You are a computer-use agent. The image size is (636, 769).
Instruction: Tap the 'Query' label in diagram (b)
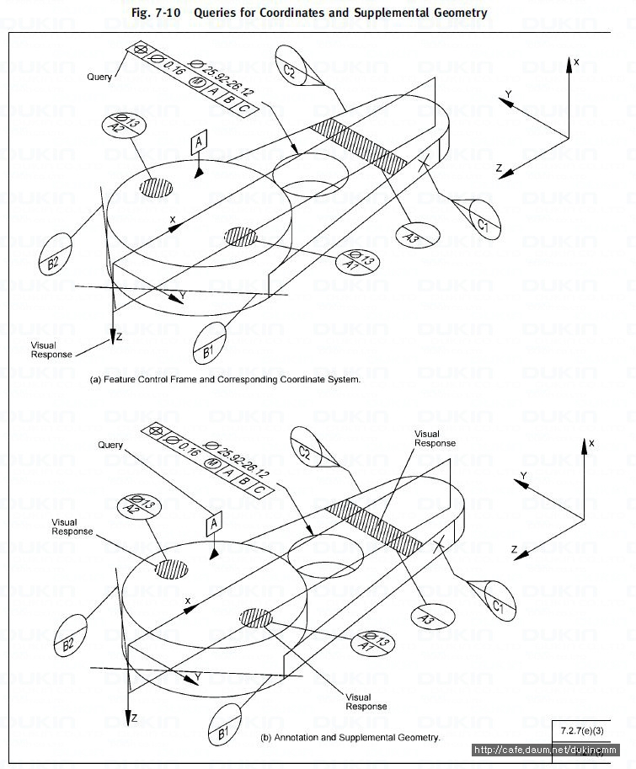(110, 445)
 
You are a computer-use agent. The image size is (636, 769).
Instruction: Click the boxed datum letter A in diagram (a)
(199, 142)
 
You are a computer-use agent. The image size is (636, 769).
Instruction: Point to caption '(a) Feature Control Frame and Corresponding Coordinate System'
(225, 379)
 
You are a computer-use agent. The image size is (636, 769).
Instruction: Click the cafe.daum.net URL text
(545, 750)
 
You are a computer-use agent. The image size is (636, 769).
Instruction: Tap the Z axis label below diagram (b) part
(134, 718)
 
